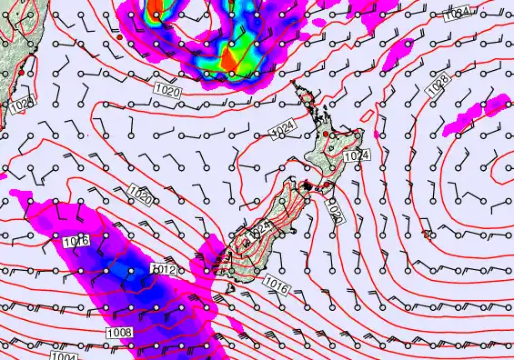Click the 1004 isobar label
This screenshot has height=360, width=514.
64,355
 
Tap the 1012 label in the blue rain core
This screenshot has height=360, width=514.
163,269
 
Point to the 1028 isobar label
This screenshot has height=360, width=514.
438,82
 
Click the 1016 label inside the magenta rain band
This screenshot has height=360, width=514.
77,241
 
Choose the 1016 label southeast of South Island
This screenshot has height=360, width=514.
278,285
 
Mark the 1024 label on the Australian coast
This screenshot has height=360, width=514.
23,105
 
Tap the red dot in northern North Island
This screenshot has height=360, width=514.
325,135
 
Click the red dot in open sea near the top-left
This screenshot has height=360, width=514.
120,38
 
